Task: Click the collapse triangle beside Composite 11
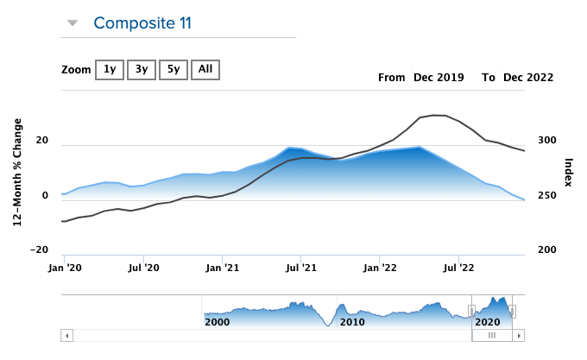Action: [73, 23]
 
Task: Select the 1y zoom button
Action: [109, 69]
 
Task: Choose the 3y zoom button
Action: [141, 69]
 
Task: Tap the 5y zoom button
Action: [173, 69]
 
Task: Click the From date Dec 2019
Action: [439, 78]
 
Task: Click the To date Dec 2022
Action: [528, 78]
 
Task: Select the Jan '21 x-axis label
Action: [223, 268]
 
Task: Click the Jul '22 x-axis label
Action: [458, 268]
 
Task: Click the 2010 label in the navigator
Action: [352, 321]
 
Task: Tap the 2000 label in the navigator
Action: [218, 321]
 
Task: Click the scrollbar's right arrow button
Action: [519, 335]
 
